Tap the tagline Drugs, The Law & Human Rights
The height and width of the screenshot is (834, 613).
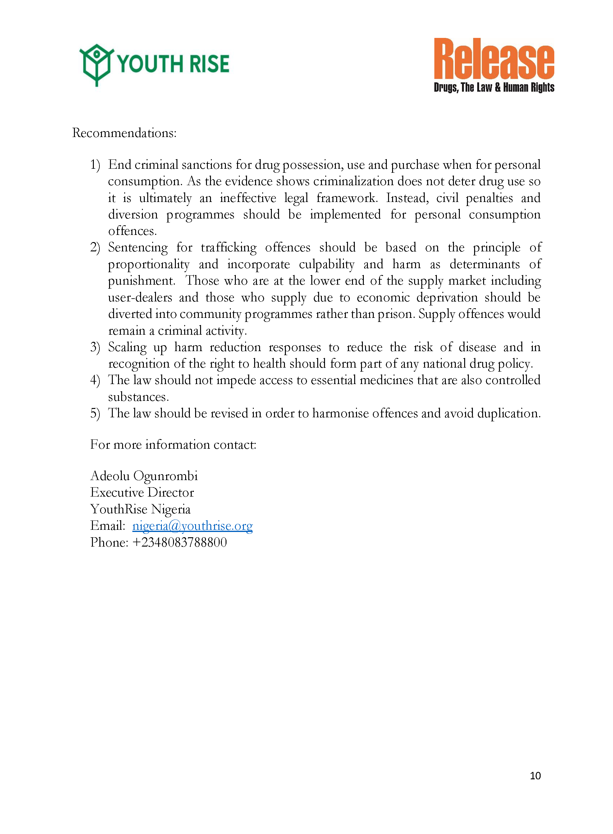point(494,88)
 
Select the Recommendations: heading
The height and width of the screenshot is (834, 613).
point(124,133)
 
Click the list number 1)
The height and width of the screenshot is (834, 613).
point(95,165)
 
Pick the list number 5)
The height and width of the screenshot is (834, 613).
point(95,413)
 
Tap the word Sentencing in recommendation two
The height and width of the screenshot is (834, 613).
point(138,247)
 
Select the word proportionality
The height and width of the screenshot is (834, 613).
point(149,264)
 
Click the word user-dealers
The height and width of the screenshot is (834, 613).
point(140,298)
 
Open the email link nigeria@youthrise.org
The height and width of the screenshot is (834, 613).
point(192,526)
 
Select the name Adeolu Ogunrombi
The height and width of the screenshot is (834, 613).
point(144,476)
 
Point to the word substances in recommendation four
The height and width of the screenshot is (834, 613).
point(138,397)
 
